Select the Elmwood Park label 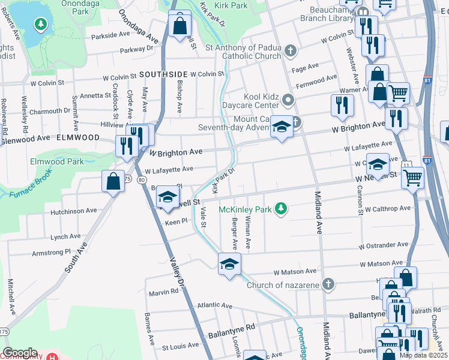tap(58, 161)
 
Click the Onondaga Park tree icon tap(40, 25)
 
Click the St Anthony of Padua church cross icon tap(291, 51)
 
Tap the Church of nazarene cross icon tap(328, 284)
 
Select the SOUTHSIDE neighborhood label tap(160, 74)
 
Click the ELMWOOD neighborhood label tap(78, 137)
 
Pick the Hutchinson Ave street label tap(74, 211)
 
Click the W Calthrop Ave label tap(387, 209)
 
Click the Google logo tap(20, 353)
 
